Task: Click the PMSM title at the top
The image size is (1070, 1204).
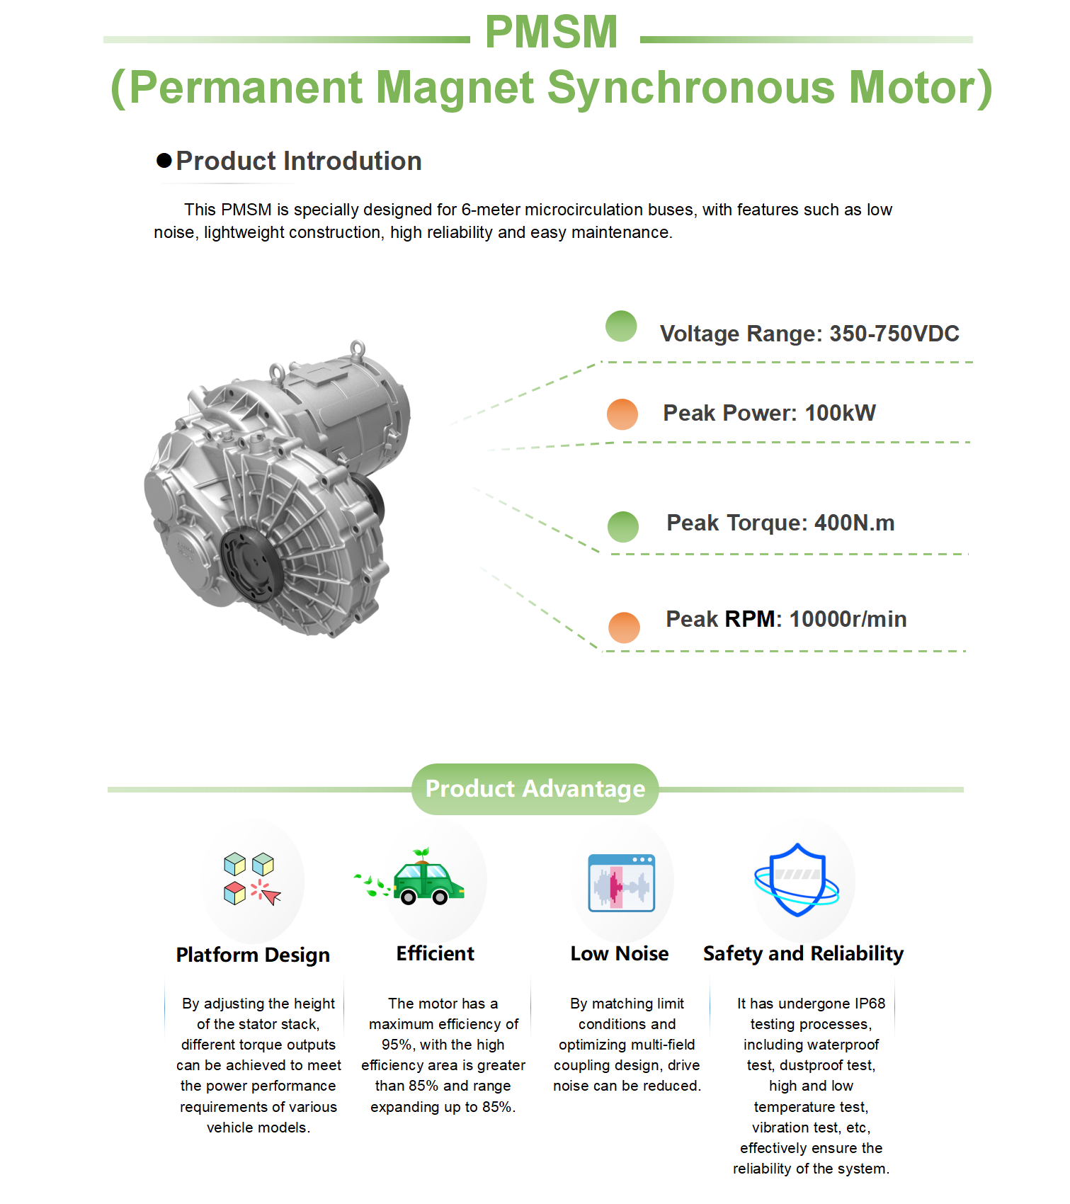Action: pos(551,32)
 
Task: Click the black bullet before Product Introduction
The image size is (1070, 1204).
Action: pos(164,161)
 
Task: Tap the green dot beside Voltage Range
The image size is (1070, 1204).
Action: pos(621,326)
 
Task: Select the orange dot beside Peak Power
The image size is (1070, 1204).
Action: pos(622,414)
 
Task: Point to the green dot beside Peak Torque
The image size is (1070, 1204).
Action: pos(623,526)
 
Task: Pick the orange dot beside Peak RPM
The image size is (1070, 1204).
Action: pos(624,627)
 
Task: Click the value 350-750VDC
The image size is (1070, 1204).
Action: pos(894,334)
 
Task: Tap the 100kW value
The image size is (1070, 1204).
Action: pos(840,413)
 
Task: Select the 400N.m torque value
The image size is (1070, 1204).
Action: pos(854,523)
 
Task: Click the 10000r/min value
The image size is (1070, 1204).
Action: pos(848,619)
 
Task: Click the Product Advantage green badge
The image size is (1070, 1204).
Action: pos(535,789)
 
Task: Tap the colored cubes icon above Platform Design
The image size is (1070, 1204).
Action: pos(251,879)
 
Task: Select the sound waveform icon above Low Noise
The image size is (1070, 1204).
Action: pos(621,882)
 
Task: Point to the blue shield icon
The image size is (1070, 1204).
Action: pos(797,880)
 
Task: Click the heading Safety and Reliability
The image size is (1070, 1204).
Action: pos(803,953)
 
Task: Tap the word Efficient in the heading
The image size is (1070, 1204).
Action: pos(435,953)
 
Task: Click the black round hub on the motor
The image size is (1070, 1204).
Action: pos(253,564)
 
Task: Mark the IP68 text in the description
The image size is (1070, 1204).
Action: pos(870,1004)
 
